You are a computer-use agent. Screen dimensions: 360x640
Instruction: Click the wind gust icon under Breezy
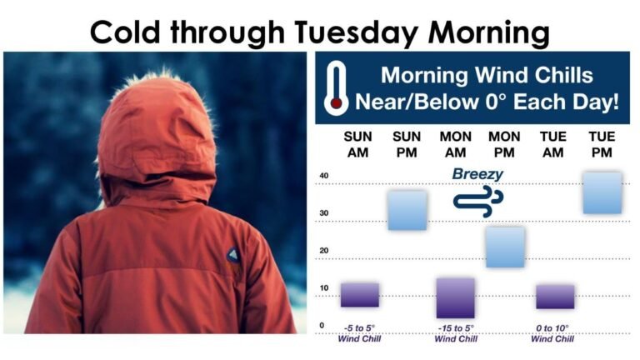click(477, 199)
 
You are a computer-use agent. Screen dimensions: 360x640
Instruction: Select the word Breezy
click(477, 174)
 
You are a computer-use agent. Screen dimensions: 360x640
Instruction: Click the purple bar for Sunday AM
click(359, 295)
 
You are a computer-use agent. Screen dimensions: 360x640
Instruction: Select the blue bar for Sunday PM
click(407, 211)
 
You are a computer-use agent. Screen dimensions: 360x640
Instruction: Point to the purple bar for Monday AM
click(455, 297)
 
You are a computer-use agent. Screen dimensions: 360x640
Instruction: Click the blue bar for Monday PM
click(505, 247)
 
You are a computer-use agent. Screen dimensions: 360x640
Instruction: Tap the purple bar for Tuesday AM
click(554, 297)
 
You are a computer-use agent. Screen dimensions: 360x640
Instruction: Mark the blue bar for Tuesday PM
click(602, 193)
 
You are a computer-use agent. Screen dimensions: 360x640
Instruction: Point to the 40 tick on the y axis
click(324, 176)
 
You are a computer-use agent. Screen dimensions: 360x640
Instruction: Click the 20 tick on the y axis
click(324, 251)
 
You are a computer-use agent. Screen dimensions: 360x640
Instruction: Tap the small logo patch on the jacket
click(232, 254)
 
